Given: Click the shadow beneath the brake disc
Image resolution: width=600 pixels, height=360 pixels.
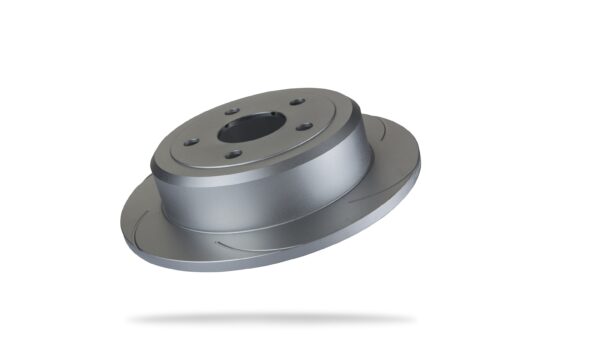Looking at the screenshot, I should click(x=270, y=319).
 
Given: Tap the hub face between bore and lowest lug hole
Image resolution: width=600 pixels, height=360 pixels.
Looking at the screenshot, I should click(x=238, y=145).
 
